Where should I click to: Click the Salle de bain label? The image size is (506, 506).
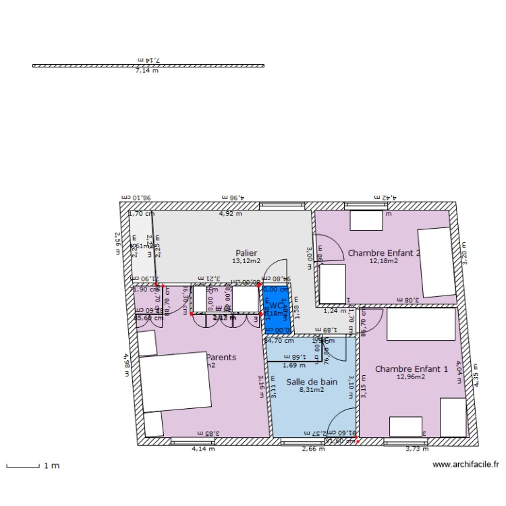(x=312, y=381)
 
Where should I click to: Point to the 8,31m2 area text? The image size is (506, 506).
(x=312, y=389)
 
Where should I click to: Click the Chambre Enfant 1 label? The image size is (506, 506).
(x=411, y=369)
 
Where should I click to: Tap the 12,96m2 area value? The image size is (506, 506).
(x=411, y=377)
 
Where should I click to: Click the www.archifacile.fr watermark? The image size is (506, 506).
(x=466, y=464)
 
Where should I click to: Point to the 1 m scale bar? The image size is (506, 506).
(x=23, y=466)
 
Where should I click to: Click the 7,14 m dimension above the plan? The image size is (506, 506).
(x=147, y=71)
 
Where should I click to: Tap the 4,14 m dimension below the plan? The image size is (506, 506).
(x=203, y=448)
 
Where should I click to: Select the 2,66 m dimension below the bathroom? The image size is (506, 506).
(x=313, y=448)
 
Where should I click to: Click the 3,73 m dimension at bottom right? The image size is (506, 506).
(x=417, y=448)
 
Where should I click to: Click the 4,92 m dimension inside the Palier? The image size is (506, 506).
(x=230, y=214)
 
